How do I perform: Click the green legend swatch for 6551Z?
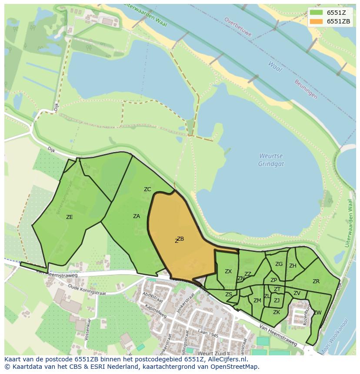[x=317, y=12]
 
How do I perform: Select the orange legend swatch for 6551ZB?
[x=317, y=21]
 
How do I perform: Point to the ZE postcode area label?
[x=69, y=217]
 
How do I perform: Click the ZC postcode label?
[x=147, y=189]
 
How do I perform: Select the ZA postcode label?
[x=137, y=216]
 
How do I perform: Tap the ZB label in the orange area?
[x=180, y=239]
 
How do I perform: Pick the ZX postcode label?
[x=228, y=271]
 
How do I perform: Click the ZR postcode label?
[x=316, y=281]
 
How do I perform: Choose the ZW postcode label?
[x=317, y=313]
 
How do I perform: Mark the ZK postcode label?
[x=277, y=312]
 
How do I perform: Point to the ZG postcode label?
[x=279, y=264]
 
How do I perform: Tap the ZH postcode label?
[x=293, y=266]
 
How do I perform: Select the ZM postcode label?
[x=257, y=301]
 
